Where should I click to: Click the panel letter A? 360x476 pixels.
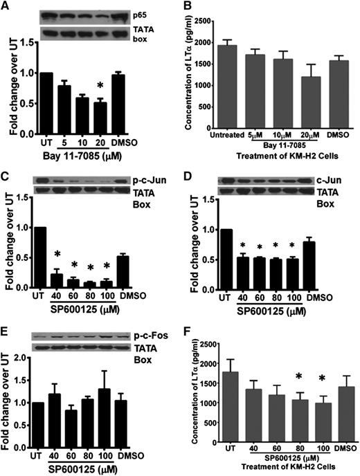[x=6, y=6]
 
